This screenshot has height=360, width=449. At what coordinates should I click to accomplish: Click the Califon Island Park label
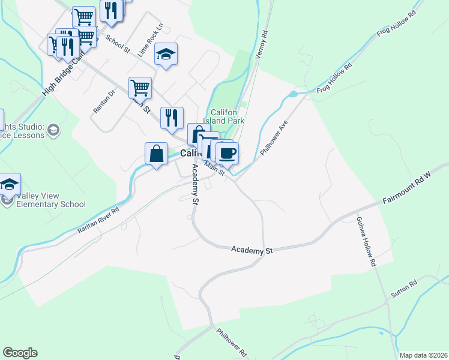(228, 116)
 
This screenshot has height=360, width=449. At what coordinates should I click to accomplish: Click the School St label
(118, 43)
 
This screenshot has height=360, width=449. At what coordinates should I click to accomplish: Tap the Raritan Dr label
(103, 100)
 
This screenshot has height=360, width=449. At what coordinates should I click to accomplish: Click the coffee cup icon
(228, 152)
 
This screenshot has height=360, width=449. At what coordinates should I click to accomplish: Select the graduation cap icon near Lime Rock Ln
(166, 55)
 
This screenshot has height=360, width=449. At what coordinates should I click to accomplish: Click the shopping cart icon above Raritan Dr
(140, 88)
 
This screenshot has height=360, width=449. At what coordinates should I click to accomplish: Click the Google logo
(20, 353)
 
